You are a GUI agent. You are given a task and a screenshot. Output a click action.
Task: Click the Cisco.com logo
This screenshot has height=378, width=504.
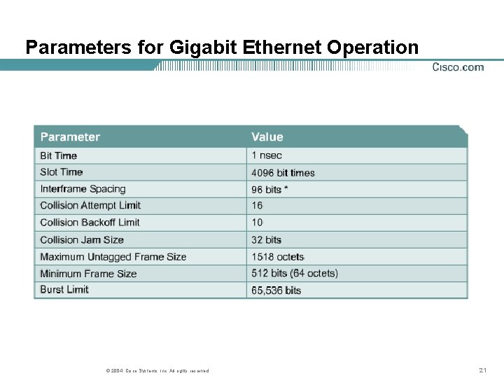tap(458, 67)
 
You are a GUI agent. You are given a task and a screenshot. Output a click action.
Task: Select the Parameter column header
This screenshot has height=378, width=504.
tap(70, 137)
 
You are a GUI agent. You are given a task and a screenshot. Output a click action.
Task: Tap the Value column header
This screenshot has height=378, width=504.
tap(267, 137)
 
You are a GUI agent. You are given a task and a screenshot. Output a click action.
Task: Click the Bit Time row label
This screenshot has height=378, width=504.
tap(59, 155)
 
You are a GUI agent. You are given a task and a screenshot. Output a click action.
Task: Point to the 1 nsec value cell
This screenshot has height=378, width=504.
tap(267, 155)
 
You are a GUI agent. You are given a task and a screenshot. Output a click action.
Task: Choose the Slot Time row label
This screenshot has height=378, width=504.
tap(62, 172)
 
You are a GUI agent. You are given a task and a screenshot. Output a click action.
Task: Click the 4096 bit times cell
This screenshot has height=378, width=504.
tap(283, 173)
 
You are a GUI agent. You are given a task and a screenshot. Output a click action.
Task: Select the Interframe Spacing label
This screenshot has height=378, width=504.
tap(83, 189)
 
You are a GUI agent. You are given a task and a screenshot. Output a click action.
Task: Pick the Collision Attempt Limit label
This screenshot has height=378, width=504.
tap(90, 206)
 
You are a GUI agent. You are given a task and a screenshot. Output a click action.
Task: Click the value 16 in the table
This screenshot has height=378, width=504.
tap(258, 206)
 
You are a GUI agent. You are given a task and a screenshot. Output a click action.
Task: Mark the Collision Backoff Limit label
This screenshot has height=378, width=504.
tap(90, 223)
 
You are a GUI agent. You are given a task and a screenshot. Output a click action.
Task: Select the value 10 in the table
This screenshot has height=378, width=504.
tap(258, 223)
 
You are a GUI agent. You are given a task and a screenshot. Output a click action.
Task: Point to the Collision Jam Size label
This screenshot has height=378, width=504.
tap(82, 240)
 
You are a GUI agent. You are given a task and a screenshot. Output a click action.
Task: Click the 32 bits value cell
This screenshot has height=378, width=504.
tap(267, 240)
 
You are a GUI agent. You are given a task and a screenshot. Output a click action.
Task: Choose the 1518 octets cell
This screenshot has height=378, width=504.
tap(278, 257)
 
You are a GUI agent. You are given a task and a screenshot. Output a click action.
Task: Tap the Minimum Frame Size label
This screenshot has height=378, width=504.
tap(88, 274)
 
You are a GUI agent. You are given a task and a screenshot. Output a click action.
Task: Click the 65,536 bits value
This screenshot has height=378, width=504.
tap(276, 290)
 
